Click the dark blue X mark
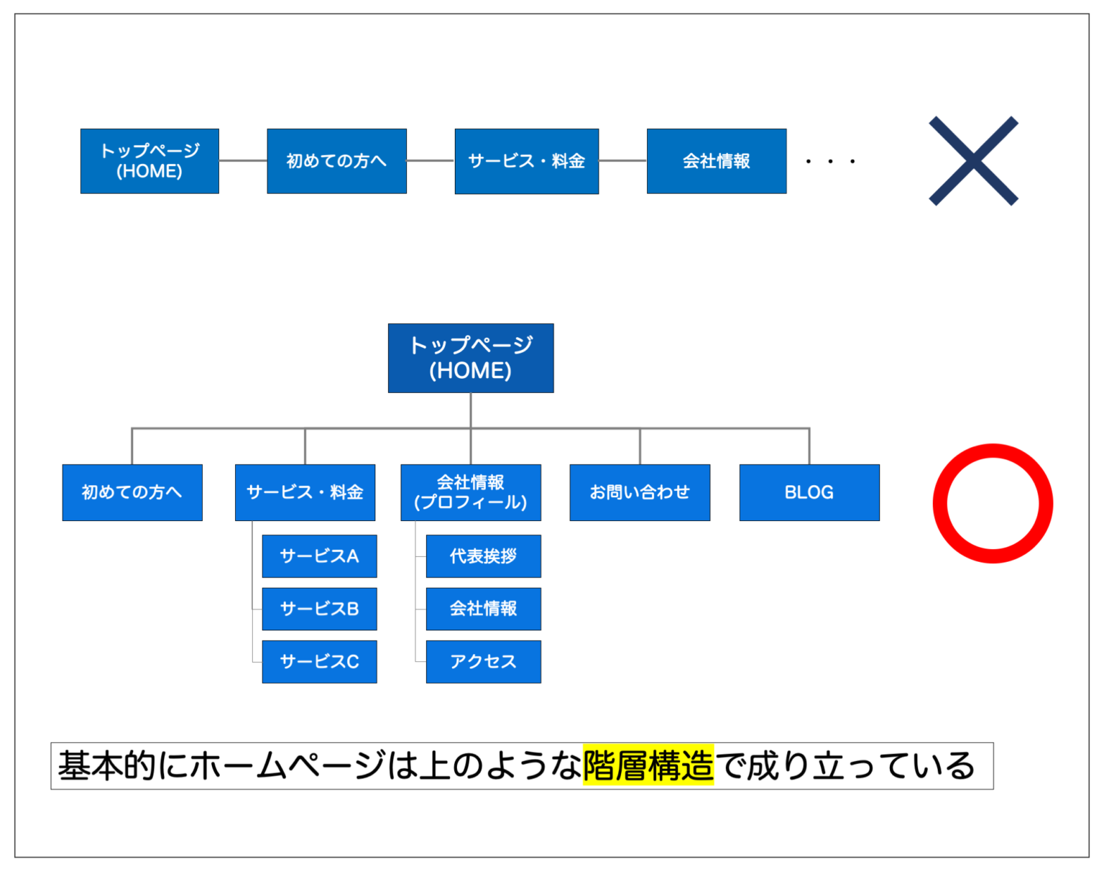[x=973, y=161]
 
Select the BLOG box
[x=809, y=492]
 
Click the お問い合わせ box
[x=640, y=492]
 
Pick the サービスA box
[x=319, y=556]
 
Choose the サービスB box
[x=319, y=609]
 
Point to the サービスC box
[x=319, y=661]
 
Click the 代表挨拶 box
[x=483, y=556]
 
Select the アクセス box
[x=483, y=661]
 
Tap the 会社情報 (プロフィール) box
[x=471, y=492]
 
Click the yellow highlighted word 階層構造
[x=648, y=765]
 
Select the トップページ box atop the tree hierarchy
[x=471, y=358]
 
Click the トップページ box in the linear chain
[x=149, y=161]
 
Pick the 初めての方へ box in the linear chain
[x=336, y=161]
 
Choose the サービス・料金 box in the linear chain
[x=526, y=161]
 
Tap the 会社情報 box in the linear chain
[x=717, y=161]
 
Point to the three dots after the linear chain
[x=830, y=162]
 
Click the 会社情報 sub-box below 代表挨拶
[x=483, y=609]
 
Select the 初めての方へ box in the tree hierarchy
[x=132, y=492]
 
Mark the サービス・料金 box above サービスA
[x=305, y=492]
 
